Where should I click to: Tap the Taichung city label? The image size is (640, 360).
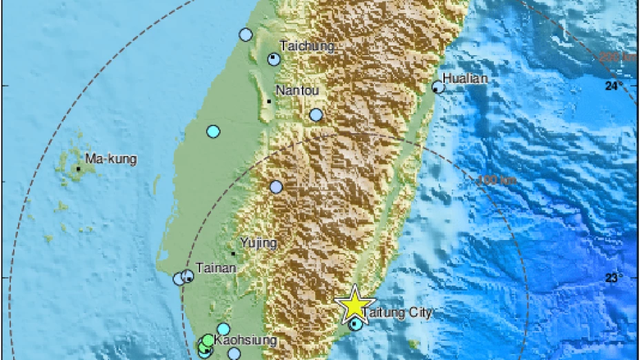[307, 46]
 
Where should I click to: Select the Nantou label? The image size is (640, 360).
[296, 90]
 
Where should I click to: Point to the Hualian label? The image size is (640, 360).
[465, 79]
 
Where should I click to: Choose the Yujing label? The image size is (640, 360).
[259, 243]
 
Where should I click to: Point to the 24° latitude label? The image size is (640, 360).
[614, 86]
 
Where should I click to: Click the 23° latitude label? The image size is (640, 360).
[614, 278]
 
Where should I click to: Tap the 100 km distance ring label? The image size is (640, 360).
[488, 180]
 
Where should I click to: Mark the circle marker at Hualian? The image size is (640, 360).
[438, 87]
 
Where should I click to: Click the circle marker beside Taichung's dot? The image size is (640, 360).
[274, 59]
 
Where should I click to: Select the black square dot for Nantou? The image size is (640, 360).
[268, 101]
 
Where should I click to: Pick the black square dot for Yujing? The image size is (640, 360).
[234, 254]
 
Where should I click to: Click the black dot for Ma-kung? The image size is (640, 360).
[79, 168]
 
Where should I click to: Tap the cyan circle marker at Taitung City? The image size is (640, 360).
[355, 323]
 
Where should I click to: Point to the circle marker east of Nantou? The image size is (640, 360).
[316, 115]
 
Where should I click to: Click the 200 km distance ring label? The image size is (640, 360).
[617, 58]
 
